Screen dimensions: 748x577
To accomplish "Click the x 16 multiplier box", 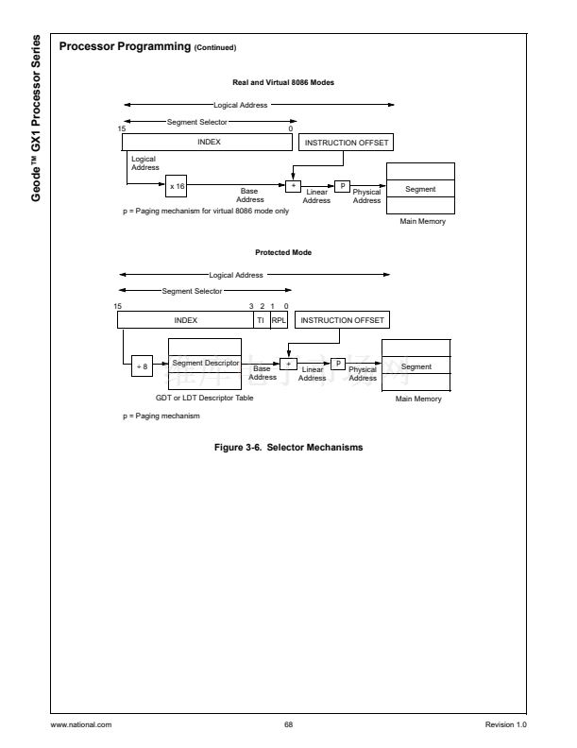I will click(178, 186).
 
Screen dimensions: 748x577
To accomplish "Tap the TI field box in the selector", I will click(261, 320).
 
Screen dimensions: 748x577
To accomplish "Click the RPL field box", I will click(278, 320).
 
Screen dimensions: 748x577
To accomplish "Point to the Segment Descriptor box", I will click(206, 363).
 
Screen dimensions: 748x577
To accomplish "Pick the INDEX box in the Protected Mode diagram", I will click(185, 320).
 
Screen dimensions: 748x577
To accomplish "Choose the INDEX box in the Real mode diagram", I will click(208, 142).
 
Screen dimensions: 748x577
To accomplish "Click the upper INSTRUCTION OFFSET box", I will click(346, 143).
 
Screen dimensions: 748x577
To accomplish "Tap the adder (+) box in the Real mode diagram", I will click(292, 186).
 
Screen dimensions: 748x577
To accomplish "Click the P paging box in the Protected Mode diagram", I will click(337, 363).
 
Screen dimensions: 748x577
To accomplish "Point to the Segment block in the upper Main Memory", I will click(420, 189).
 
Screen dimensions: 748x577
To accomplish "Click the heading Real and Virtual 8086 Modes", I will click(283, 82).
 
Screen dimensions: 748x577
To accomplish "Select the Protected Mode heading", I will click(283, 252).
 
